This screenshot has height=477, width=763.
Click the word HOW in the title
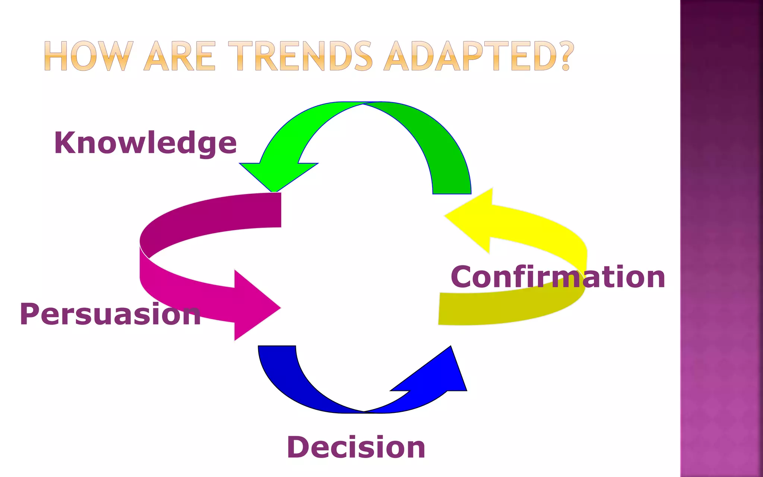pos(89,56)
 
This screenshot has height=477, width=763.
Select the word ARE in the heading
pos(180,56)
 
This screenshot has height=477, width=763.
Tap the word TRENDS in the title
pos(300,56)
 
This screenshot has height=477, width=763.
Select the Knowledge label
pos(145,143)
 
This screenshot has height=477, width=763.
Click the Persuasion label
pos(110,314)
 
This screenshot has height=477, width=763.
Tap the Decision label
pos(356,447)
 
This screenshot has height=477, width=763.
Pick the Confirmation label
pos(558,277)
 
